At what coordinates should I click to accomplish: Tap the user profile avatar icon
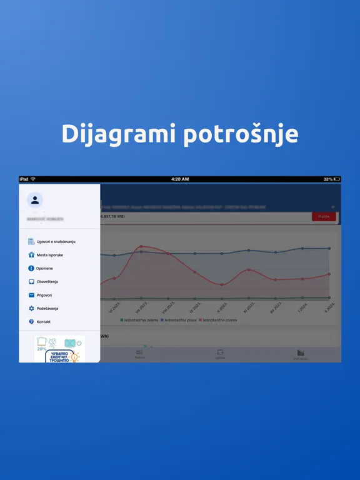(35, 200)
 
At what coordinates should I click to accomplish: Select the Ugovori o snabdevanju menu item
(56, 241)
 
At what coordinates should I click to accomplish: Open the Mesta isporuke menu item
(50, 255)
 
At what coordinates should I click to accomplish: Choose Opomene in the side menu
(45, 268)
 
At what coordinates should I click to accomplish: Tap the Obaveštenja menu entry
(47, 282)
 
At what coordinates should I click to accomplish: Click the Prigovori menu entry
(45, 295)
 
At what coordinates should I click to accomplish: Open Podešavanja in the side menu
(49, 309)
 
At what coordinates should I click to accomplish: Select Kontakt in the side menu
(44, 322)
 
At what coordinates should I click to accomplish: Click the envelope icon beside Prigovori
(31, 295)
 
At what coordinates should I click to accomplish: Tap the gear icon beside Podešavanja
(31, 309)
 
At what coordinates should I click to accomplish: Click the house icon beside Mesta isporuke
(31, 255)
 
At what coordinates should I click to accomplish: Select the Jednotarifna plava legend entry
(179, 320)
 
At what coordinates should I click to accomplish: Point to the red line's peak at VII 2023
(142, 246)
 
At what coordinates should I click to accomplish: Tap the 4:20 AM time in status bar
(180, 179)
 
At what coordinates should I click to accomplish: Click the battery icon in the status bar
(337, 179)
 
